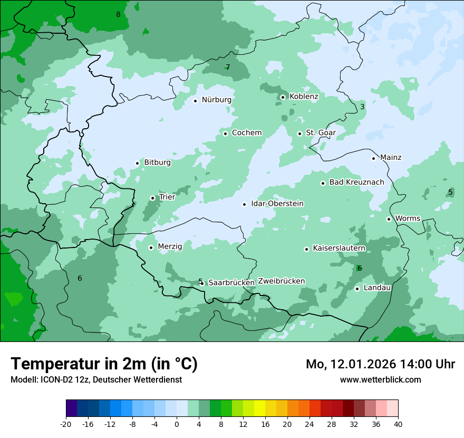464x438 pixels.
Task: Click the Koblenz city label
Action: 304,97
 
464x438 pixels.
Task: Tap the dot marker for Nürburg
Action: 195,101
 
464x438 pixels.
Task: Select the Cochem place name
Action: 247,133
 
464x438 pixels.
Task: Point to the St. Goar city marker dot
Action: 299,134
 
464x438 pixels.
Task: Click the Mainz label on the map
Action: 391,158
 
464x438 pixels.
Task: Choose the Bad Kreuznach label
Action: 356,183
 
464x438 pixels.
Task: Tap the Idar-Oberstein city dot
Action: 244,204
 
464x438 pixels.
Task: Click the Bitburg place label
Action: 157,163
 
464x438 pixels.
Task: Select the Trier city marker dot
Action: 152,198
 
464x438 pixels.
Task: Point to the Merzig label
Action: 170,246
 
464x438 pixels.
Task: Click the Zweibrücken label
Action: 281,281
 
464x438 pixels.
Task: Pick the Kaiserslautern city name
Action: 339,248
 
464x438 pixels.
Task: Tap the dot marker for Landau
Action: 357,289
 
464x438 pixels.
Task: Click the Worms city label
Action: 408,218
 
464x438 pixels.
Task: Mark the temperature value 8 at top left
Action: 118,14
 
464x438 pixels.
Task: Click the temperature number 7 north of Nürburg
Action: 228,67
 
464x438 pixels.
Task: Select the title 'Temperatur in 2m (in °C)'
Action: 104,364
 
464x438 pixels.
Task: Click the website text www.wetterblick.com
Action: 380,379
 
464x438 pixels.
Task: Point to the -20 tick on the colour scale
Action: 66,424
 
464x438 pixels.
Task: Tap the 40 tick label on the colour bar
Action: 398,424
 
